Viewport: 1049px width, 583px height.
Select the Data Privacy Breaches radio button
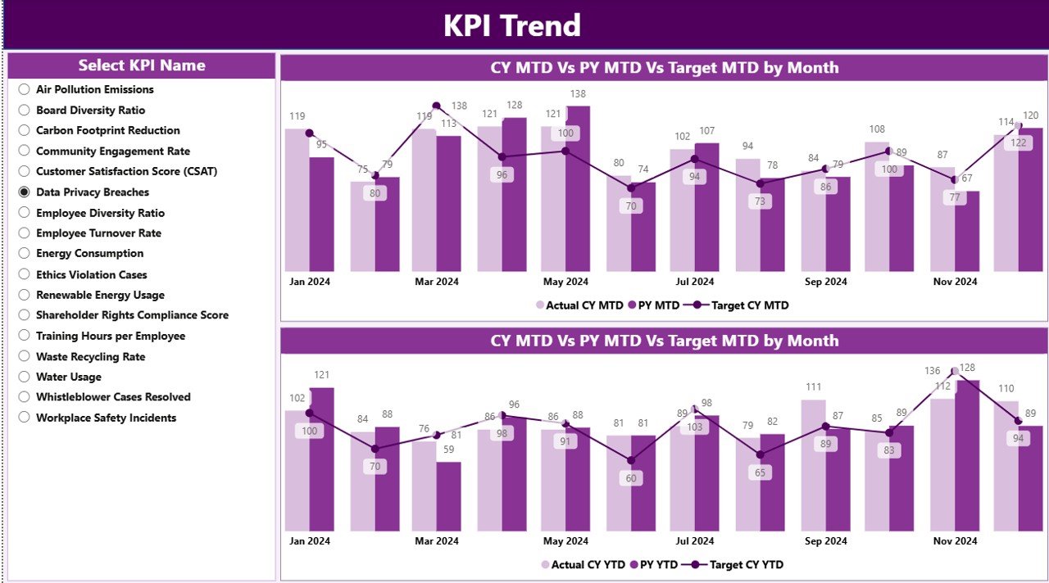[x=25, y=192]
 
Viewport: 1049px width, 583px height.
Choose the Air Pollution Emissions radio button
[x=25, y=89]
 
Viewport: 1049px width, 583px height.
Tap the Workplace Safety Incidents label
[x=106, y=418]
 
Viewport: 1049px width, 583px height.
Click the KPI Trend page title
[x=512, y=25]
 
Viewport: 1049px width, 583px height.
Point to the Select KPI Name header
[x=142, y=66]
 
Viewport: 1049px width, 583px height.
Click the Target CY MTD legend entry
[x=749, y=305]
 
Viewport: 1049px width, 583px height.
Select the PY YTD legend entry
[x=658, y=564]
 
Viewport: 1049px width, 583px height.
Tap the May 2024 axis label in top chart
[x=565, y=282]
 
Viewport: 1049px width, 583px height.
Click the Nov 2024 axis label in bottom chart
[x=955, y=541]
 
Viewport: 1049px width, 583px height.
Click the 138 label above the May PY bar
[x=577, y=94]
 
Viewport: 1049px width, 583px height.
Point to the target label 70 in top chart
[x=630, y=206]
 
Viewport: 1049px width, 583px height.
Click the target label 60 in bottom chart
[x=630, y=478]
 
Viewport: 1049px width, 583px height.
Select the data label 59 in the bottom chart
[x=448, y=450]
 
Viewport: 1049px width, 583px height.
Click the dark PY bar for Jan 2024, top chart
[x=321, y=215]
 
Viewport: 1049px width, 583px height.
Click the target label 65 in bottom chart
[x=760, y=472]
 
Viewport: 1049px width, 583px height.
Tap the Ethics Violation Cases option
[x=92, y=274]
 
